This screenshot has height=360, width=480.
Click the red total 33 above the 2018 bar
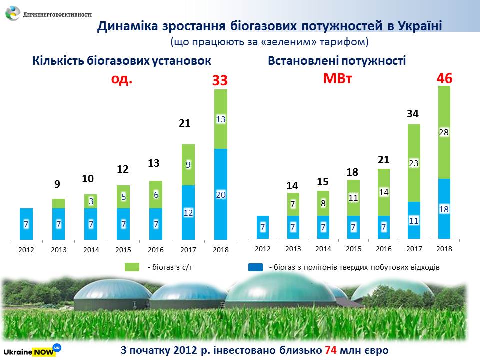[x=220, y=80]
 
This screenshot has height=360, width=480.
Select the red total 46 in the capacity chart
[x=445, y=78]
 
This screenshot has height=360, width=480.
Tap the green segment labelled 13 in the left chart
[x=221, y=119]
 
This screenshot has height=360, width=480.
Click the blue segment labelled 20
[x=221, y=194]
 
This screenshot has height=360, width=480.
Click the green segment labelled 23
[x=413, y=163]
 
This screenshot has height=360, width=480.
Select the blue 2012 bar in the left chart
[x=26, y=224]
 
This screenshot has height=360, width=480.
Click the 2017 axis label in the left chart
[x=188, y=250]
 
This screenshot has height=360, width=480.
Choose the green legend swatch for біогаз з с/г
[x=132, y=267]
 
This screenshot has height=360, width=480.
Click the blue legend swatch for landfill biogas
[x=255, y=267]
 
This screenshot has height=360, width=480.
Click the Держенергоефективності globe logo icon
[x=13, y=13]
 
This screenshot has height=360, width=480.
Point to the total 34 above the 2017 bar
[x=413, y=114]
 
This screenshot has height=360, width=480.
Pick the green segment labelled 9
[x=188, y=165]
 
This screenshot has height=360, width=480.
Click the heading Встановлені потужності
[x=337, y=61]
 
